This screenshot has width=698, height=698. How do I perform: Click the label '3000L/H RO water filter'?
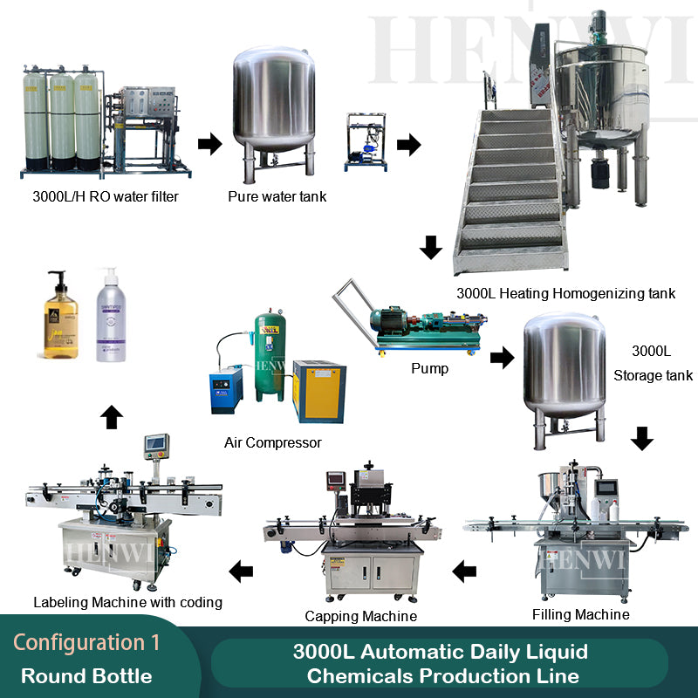pyautogui.click(x=105, y=196)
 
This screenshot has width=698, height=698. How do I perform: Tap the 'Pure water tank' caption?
pyautogui.click(x=277, y=196)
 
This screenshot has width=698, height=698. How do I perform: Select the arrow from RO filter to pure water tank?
pyautogui.click(x=209, y=144)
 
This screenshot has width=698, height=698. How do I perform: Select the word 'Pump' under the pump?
pyautogui.click(x=429, y=368)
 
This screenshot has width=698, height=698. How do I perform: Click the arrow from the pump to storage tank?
pyautogui.click(x=502, y=356)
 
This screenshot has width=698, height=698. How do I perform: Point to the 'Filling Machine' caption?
pyautogui.click(x=580, y=614)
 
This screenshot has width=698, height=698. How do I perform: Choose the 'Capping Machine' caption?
pyautogui.click(x=360, y=616)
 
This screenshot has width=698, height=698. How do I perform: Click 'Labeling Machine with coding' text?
pyautogui.click(x=127, y=602)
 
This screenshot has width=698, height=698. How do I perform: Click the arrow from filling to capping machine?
pyautogui.click(x=464, y=572)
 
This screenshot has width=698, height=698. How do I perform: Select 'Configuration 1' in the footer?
pyautogui.click(x=86, y=643)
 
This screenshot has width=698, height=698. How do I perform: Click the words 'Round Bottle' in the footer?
pyautogui.click(x=86, y=676)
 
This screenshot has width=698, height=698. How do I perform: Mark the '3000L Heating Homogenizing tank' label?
pyautogui.click(x=565, y=293)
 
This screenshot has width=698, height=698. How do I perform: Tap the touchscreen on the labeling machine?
pyautogui.click(x=157, y=443)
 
